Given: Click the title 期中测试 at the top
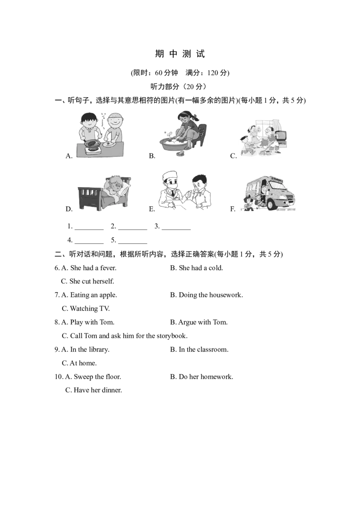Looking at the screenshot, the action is click(x=180, y=54).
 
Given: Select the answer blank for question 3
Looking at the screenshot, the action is click(x=176, y=229).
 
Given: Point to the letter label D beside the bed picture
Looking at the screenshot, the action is click(x=68, y=209).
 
